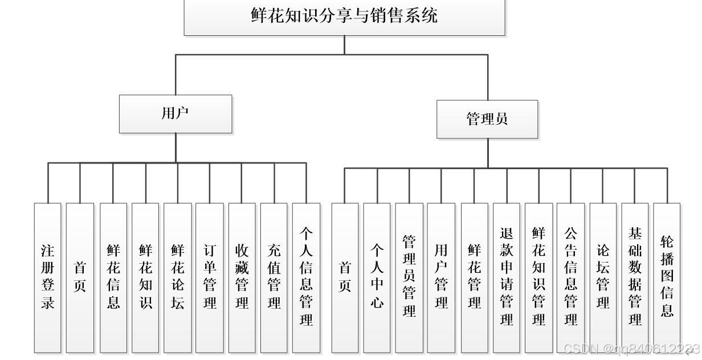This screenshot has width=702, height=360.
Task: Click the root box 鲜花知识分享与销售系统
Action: point(344,17)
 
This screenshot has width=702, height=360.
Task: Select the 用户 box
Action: point(175,114)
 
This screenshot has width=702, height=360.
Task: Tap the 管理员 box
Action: point(487,119)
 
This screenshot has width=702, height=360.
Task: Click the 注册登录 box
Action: point(47,277)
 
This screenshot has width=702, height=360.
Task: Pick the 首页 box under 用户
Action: point(80,277)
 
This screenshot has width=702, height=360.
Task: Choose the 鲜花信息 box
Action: point(113,277)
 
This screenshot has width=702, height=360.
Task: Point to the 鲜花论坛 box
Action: point(178,277)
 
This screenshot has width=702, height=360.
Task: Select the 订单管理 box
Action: point(210,277)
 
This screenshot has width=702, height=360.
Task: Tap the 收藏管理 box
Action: point(242,277)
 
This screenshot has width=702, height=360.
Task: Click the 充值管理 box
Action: point(274,277)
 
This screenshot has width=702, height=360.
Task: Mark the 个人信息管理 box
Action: point(307,277)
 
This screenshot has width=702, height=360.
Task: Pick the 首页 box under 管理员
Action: point(345,277)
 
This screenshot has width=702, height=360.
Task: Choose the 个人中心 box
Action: point(377,277)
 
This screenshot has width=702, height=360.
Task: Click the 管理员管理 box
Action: point(409,277)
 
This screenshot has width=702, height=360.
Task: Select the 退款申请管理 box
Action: point(507,277)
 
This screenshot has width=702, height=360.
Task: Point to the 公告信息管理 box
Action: point(571,277)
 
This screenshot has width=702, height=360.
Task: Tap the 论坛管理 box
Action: point(603,277)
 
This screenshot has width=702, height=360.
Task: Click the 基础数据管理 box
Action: point(635,277)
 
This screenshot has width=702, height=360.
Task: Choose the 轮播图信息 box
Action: point(667,277)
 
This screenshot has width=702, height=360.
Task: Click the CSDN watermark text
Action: point(630,349)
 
